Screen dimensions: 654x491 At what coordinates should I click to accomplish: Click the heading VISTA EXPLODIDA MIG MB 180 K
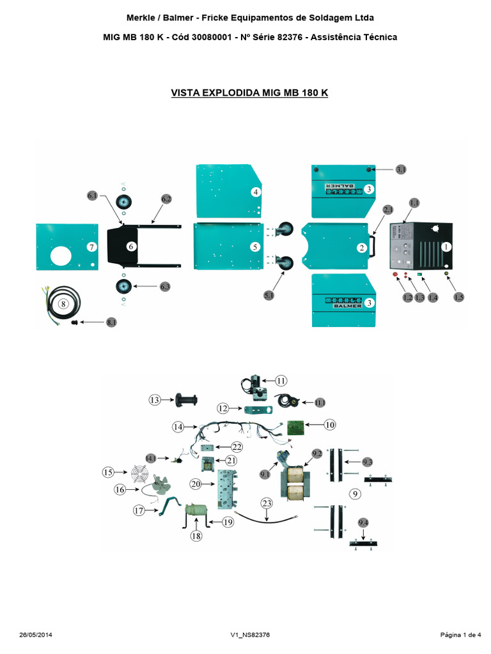click(250, 93)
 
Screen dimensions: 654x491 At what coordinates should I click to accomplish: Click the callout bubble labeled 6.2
click(167, 199)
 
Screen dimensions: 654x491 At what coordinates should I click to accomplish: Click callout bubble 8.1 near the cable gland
click(112, 323)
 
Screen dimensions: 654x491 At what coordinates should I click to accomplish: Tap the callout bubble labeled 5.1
click(269, 296)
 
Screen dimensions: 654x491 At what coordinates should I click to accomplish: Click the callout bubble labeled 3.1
click(401, 169)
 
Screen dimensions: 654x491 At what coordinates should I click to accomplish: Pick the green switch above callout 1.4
click(419, 275)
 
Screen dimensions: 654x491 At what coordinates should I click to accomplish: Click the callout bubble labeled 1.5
click(459, 297)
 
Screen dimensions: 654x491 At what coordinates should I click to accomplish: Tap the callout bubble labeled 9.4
click(363, 523)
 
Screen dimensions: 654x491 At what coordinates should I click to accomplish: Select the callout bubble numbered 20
click(196, 484)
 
